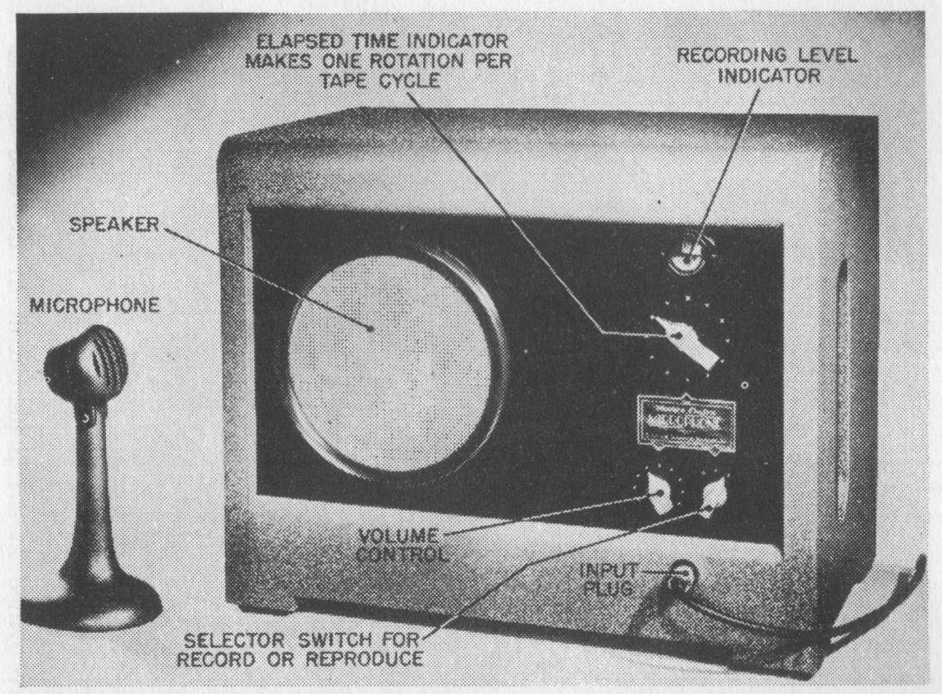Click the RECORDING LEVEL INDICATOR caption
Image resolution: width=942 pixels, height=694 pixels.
pos(766,65)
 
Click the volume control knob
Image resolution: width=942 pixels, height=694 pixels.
pos(662,496)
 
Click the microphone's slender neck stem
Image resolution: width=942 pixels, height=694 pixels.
pos(91,485)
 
